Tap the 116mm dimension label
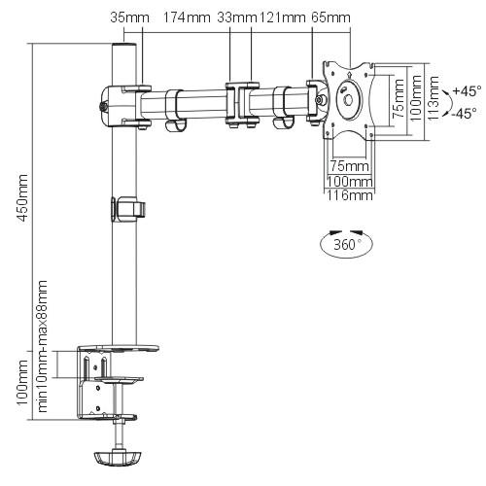(x=349, y=195)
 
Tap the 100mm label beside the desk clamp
(x=22, y=384)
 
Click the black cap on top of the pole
(x=122, y=46)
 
